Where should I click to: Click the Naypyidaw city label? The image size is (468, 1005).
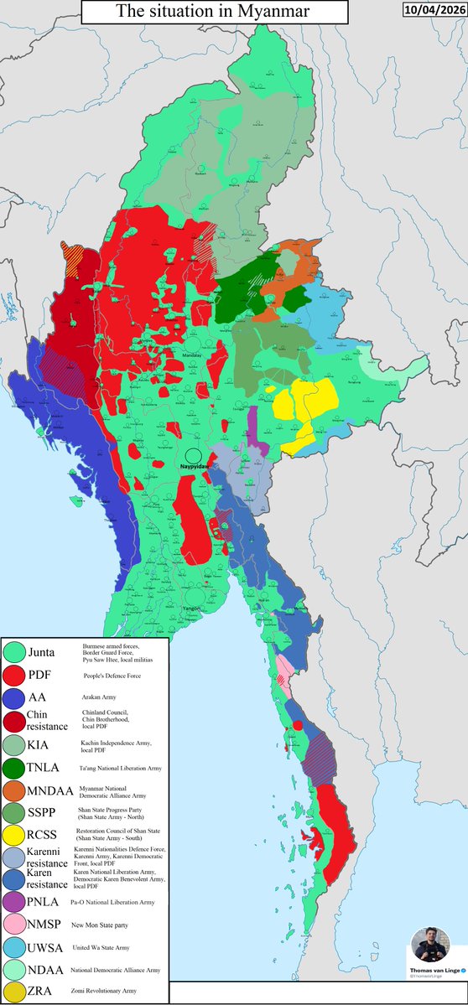pyautogui.click(x=195, y=463)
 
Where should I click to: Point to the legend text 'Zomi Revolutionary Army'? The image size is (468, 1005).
pyautogui.click(x=118, y=991)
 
